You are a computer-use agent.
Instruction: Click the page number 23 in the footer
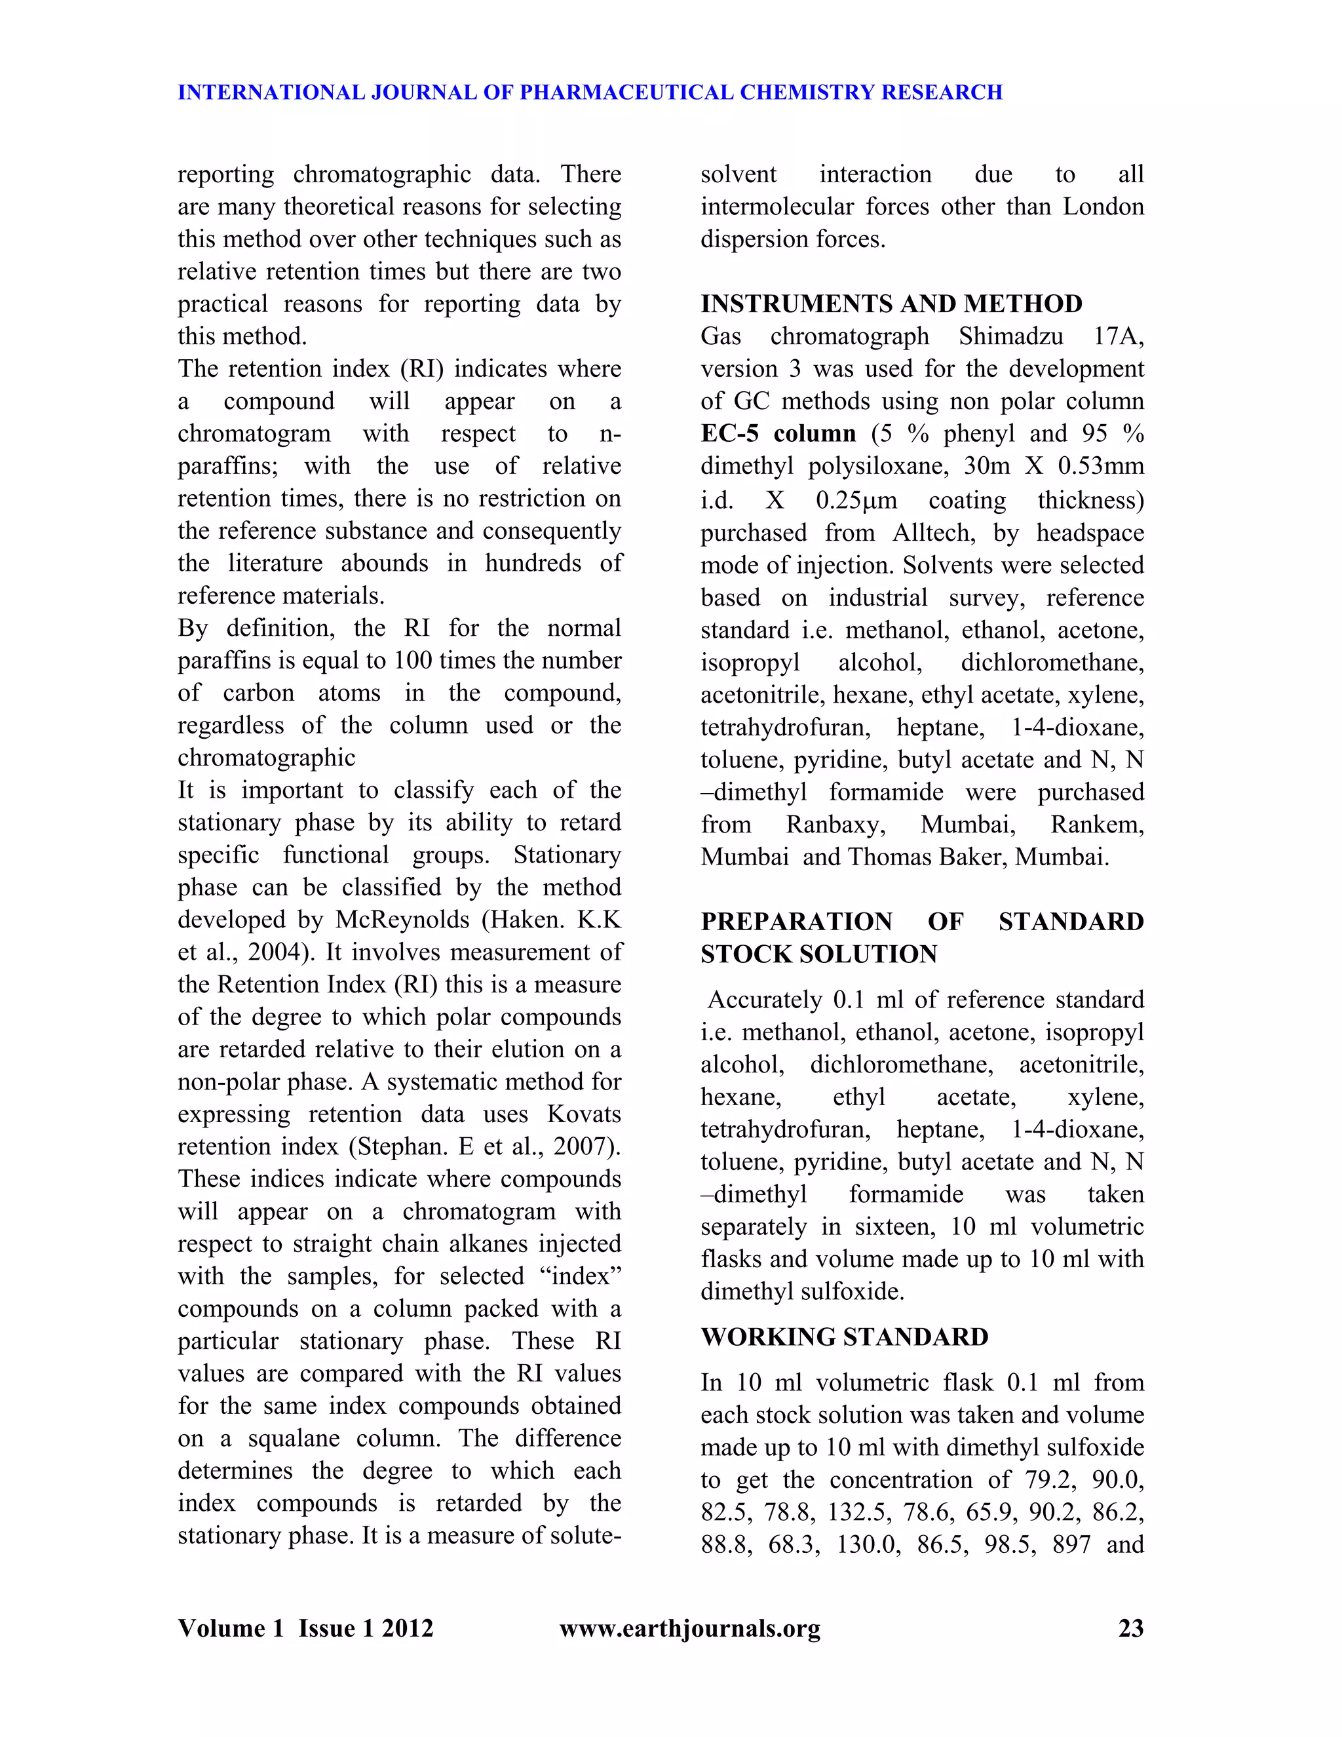[1130, 1628]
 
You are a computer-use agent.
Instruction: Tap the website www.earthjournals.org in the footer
[689, 1628]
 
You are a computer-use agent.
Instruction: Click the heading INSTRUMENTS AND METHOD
[891, 304]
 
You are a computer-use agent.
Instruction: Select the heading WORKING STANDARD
[844, 1337]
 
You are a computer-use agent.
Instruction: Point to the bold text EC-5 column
[778, 433]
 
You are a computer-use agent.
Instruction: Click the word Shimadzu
[1010, 336]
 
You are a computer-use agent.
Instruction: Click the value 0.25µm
[856, 500]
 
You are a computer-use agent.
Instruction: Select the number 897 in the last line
[1071, 1544]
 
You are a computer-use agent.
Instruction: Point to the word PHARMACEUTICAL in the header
[626, 92]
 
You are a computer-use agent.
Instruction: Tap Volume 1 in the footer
[230, 1628]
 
